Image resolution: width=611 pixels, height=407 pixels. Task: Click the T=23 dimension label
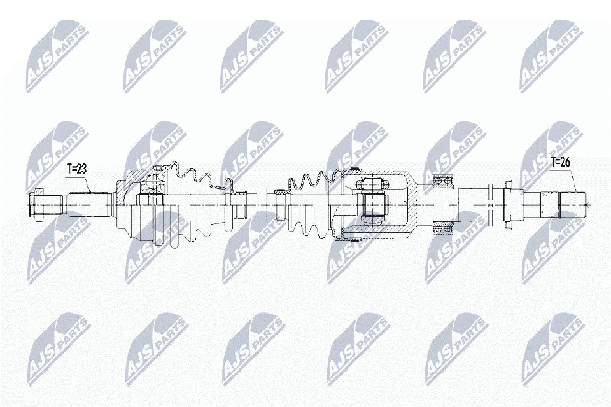pyautogui.click(x=76, y=169)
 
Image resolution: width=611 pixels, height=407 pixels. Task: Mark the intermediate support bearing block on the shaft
pyautogui.click(x=443, y=204)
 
